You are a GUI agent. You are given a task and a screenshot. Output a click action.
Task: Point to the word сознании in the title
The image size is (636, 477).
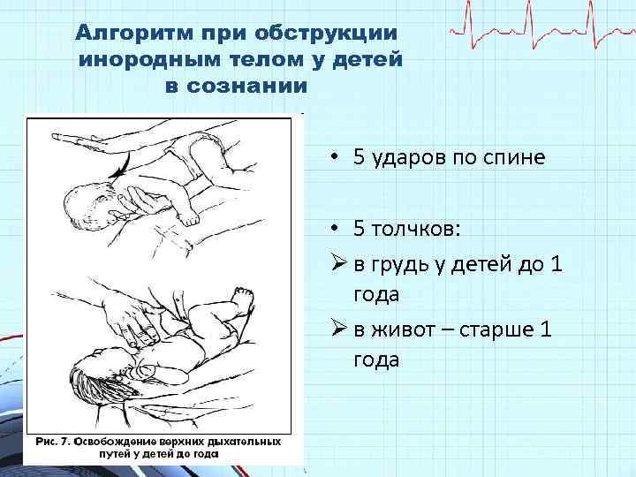click(x=249, y=89)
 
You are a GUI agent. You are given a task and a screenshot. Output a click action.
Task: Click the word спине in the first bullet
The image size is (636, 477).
click(x=515, y=159)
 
